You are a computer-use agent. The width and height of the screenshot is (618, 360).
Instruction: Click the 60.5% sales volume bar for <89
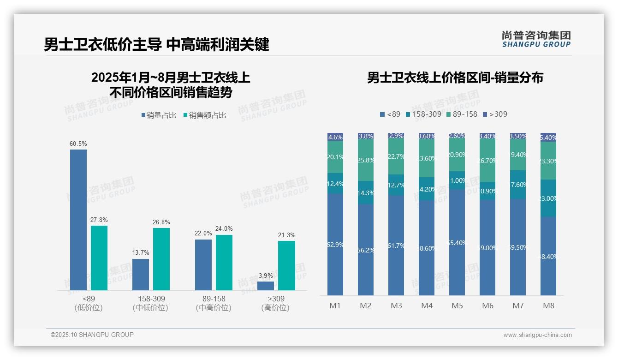pos(78,220)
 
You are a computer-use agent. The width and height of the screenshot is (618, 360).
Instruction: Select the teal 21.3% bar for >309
pos(286,265)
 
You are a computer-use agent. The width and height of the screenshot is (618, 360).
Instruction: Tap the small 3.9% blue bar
pos(266,286)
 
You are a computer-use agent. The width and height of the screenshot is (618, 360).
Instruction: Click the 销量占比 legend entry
pos(159,115)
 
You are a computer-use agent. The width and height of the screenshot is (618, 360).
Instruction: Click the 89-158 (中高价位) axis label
pos(214,303)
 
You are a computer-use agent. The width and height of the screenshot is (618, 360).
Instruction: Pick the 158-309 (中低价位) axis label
pos(151,303)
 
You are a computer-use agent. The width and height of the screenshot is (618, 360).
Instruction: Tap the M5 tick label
pos(457,306)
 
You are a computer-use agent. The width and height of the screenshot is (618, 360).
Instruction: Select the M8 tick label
pos(548,306)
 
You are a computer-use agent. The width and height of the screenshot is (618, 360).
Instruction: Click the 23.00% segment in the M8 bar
pos(548,198)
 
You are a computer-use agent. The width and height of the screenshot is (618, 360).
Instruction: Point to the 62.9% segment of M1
pos(335,245)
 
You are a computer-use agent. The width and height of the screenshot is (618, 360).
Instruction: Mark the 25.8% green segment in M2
pos(366,160)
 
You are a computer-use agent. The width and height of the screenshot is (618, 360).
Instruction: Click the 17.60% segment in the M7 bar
pos(518,185)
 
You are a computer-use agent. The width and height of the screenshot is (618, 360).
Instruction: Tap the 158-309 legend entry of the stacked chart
pos(423,114)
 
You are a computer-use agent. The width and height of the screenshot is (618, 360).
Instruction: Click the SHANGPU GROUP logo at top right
pos(536,39)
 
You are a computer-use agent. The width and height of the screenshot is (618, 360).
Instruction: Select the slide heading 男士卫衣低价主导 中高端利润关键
pos(156,45)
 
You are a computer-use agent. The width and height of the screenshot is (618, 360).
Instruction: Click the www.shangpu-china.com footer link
pos(537,335)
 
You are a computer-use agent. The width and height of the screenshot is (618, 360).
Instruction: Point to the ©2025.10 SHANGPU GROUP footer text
pos(92,335)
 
